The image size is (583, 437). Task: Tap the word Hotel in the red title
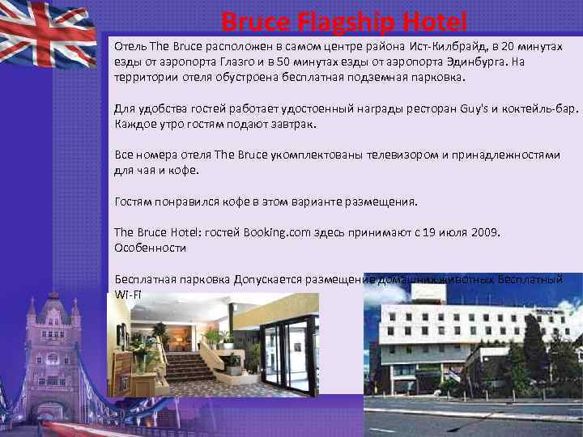click(x=433, y=19)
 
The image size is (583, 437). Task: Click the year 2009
click(x=483, y=233)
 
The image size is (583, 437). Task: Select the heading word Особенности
click(x=150, y=248)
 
